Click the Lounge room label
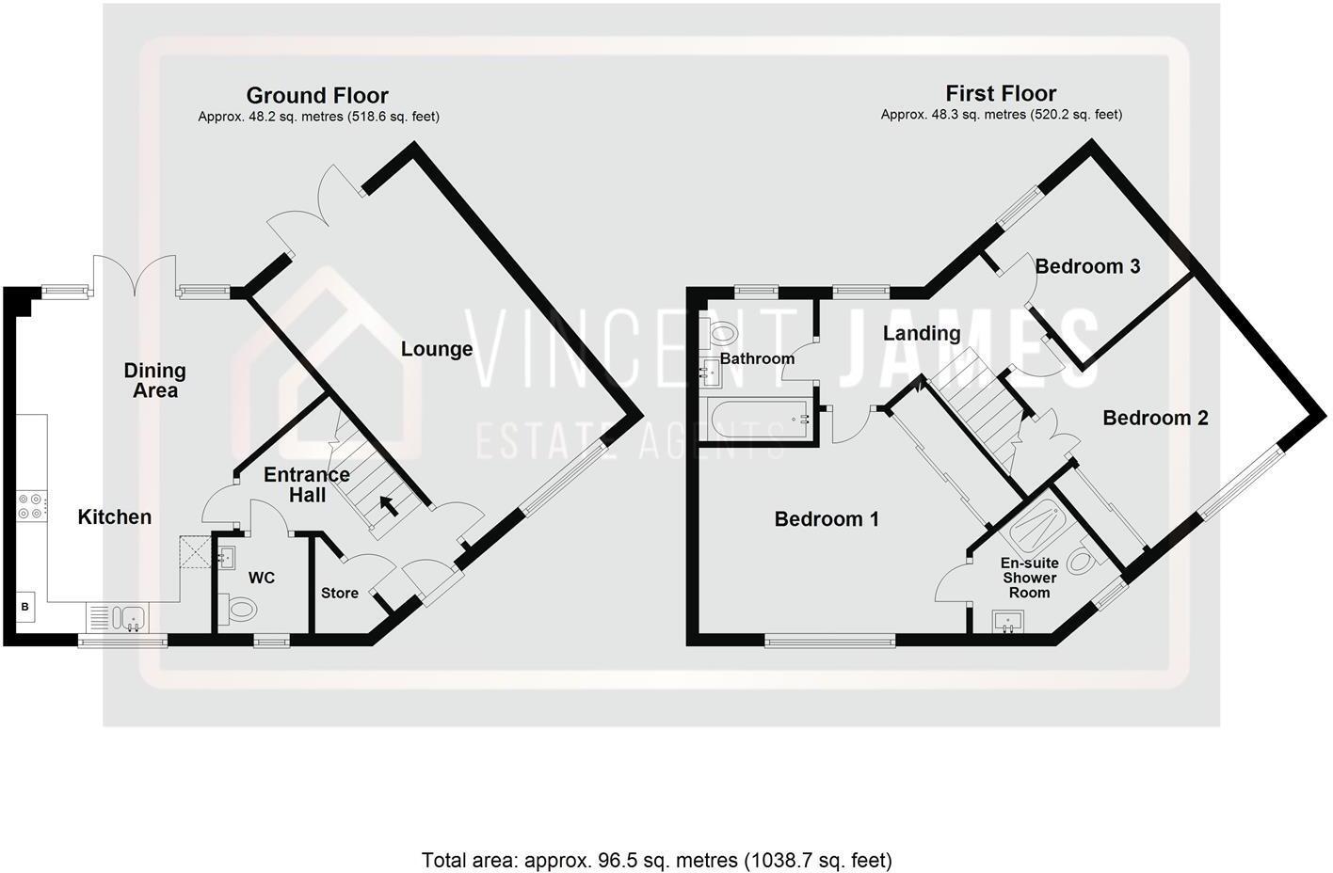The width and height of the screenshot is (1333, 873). coord(436,349)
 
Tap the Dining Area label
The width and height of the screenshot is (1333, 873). coord(155,380)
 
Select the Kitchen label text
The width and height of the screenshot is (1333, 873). coord(114,516)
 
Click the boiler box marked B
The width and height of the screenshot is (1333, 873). coord(25,608)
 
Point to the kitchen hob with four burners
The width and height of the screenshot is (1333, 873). coord(30,507)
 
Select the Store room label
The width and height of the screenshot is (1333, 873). coord(340,593)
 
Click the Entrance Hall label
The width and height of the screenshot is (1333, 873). coord(307,484)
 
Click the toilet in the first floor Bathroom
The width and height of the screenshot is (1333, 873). coord(723,332)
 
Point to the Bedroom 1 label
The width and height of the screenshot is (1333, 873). coord(827,518)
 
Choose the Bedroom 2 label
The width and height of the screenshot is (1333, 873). coord(1155,417)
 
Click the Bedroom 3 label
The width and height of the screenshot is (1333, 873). coord(1087,266)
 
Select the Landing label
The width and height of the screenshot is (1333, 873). coord(922,333)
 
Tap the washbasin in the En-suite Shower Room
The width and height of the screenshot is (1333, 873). coord(1008,622)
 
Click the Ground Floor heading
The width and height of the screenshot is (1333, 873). coord(317,95)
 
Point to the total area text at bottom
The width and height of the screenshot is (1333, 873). coord(656,859)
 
